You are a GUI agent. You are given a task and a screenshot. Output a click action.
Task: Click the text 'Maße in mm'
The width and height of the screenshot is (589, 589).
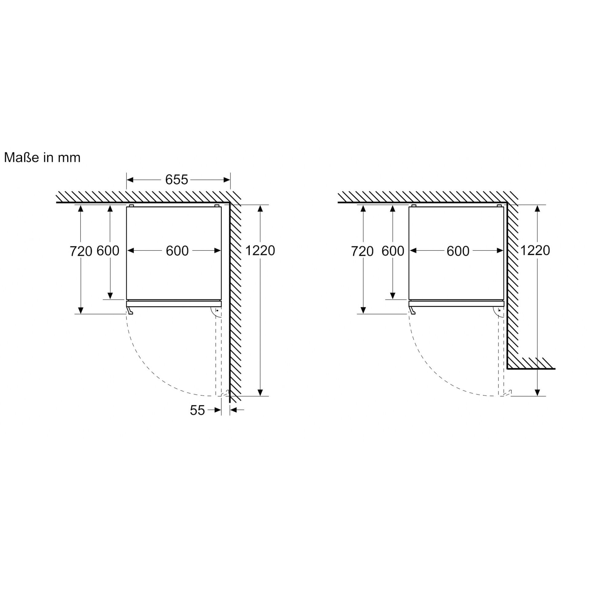[42, 158]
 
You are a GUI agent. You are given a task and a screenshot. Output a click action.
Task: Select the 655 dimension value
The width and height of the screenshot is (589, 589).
[176, 179]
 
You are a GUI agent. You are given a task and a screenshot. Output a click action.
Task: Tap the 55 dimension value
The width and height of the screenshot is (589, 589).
[197, 410]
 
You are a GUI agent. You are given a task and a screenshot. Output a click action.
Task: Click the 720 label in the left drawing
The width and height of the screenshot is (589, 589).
[81, 251]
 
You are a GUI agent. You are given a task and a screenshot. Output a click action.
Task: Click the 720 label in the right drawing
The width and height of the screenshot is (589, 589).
[362, 251]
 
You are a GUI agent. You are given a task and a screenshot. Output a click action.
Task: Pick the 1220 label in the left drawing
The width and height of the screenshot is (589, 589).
[260, 251]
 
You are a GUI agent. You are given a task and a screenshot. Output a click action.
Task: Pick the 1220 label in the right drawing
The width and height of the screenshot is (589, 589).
[535, 251]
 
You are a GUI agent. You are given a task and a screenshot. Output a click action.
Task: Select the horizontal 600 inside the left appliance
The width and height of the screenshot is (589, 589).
[177, 251]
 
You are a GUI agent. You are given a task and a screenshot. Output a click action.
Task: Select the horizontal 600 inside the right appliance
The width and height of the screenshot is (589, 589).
[458, 251]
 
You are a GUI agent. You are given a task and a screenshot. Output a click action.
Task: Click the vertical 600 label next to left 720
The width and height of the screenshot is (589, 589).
[108, 251]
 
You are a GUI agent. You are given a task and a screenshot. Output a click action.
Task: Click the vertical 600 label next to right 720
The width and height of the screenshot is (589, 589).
[393, 251]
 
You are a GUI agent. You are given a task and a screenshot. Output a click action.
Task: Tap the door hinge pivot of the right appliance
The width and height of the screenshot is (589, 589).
[499, 310]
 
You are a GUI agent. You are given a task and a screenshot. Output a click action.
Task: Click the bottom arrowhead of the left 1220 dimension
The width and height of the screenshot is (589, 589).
[260, 392]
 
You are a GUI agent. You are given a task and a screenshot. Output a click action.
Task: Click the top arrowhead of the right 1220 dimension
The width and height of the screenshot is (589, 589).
[537, 209]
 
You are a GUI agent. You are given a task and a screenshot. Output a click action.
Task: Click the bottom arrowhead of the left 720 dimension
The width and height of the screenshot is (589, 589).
[81, 310]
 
